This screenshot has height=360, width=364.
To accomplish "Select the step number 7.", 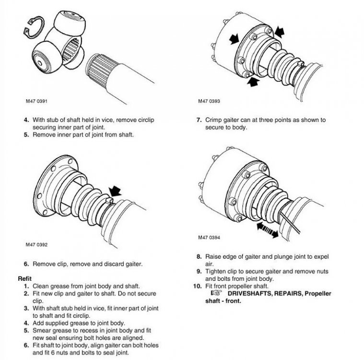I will (198, 120).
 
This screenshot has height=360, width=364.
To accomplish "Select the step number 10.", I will (197, 286).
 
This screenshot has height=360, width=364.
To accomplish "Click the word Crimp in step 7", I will (213, 120).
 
